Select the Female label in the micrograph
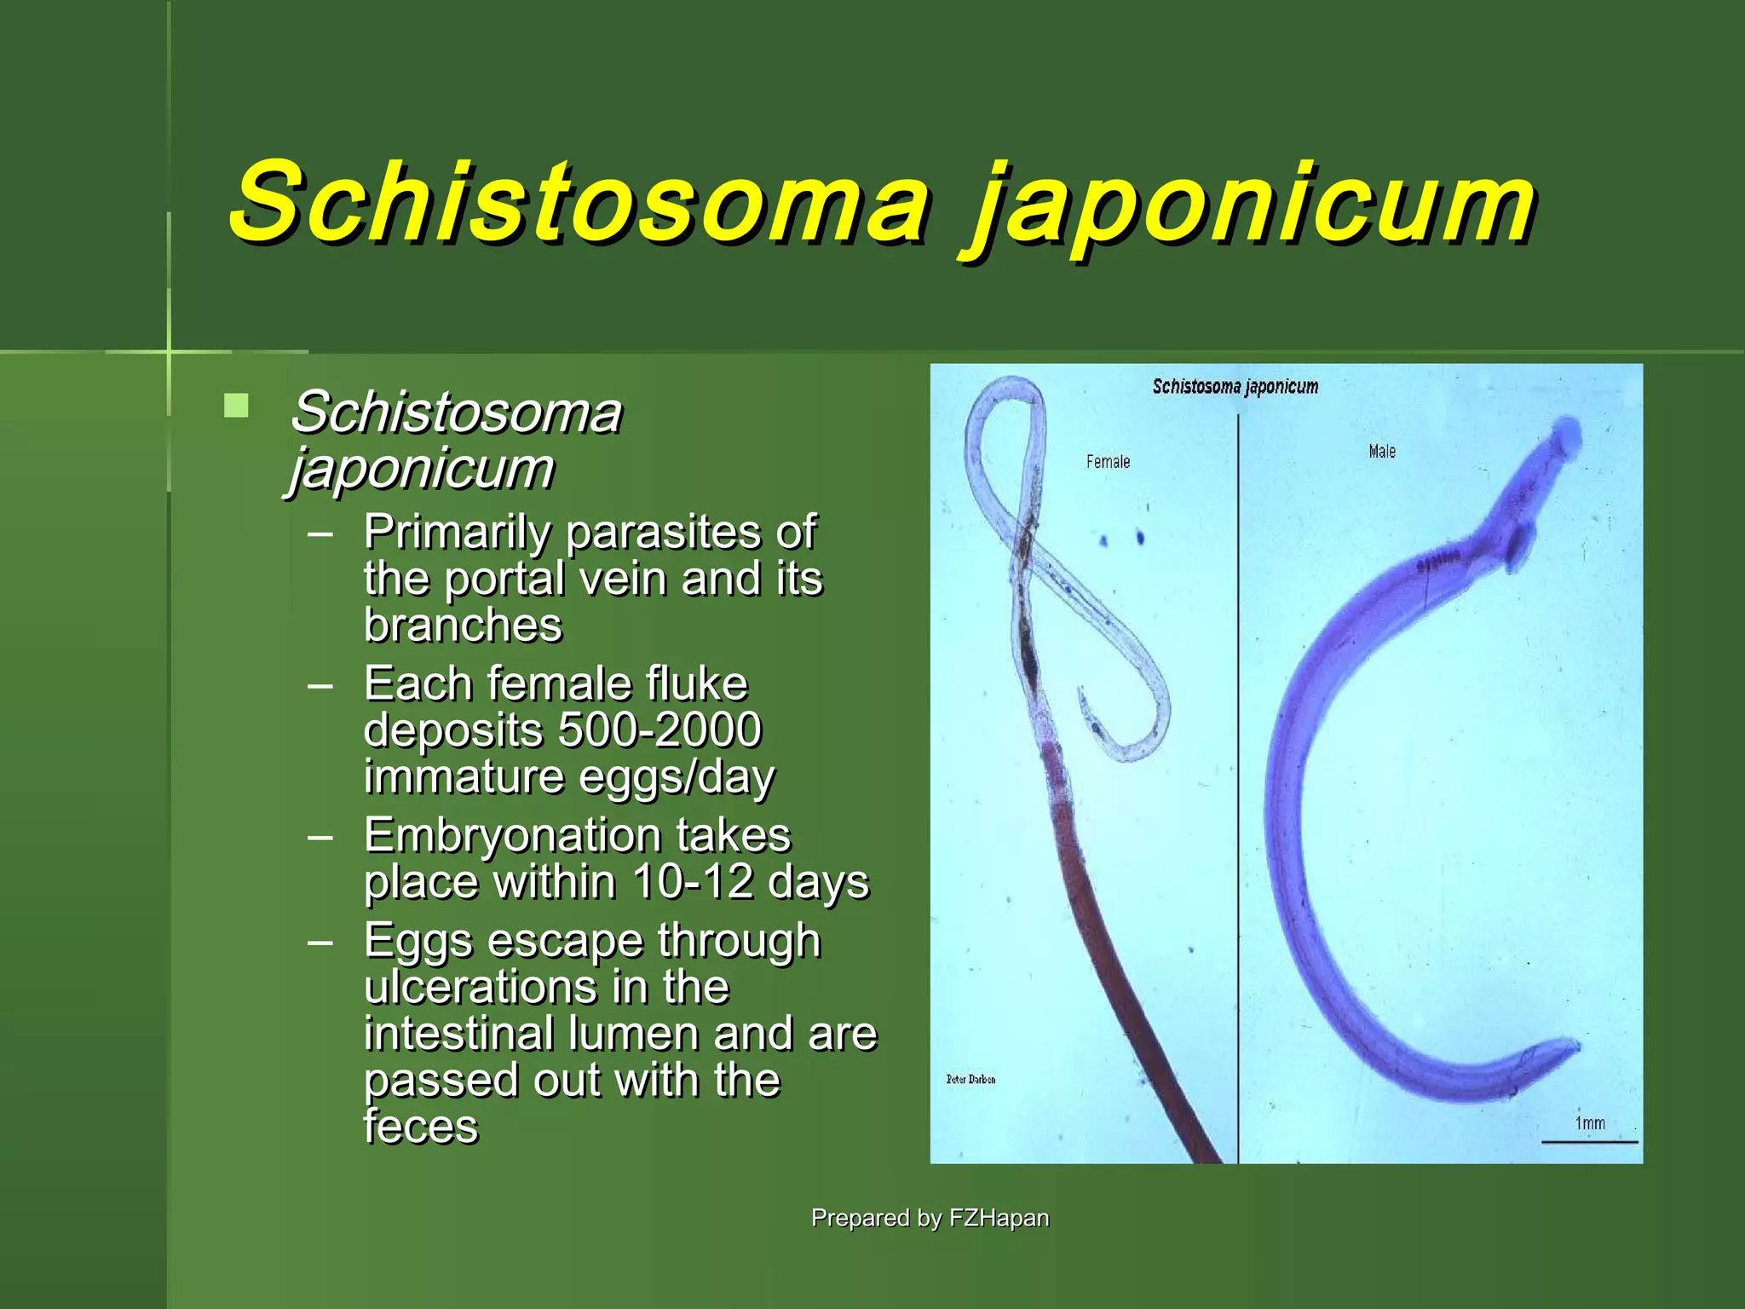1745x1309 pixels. pyautogui.click(x=1108, y=462)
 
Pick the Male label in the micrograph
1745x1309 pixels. pyautogui.click(x=1382, y=451)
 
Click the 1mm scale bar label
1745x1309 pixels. pyautogui.click(x=1590, y=1123)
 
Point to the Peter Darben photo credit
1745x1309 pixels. pyautogui.click(x=970, y=1079)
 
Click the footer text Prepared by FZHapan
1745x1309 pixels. pyautogui.click(x=930, y=1218)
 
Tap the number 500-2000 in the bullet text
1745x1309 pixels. pyautogui.click(x=659, y=729)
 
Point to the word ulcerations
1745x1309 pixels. pyautogui.click(x=479, y=987)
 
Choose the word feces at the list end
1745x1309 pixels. pyautogui.click(x=421, y=1127)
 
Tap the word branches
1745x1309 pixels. pyautogui.click(x=464, y=626)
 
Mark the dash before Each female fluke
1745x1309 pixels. pyautogui.click(x=320, y=685)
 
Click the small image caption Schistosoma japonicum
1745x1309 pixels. pyautogui.click(x=1235, y=387)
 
